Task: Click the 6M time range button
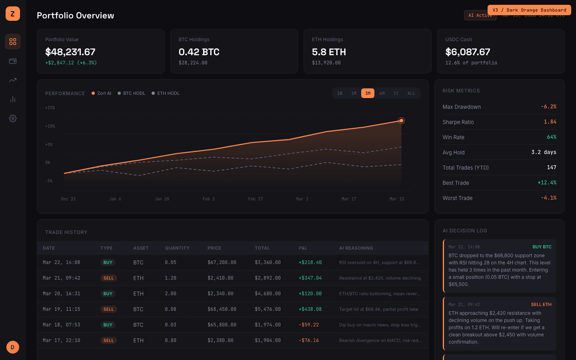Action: [x=382, y=93]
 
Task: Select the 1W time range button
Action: [x=340, y=93]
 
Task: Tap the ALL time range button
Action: [x=411, y=93]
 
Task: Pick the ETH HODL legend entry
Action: [x=166, y=93]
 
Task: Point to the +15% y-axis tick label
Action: [x=50, y=108]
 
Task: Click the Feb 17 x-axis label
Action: [x=255, y=199]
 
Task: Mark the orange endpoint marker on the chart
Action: [x=401, y=121]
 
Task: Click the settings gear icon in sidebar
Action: [x=13, y=118]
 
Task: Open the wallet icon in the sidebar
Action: [x=13, y=61]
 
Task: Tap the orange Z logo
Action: [x=13, y=14]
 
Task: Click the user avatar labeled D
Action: [x=13, y=347]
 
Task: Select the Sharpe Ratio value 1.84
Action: [x=550, y=122]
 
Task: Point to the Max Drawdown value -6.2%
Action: [x=548, y=107]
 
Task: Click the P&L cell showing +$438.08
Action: [x=310, y=309]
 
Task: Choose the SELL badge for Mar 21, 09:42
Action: [x=108, y=278]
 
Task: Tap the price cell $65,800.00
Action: [x=222, y=325]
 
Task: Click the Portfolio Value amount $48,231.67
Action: [x=70, y=52]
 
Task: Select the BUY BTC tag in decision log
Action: [x=542, y=247]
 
